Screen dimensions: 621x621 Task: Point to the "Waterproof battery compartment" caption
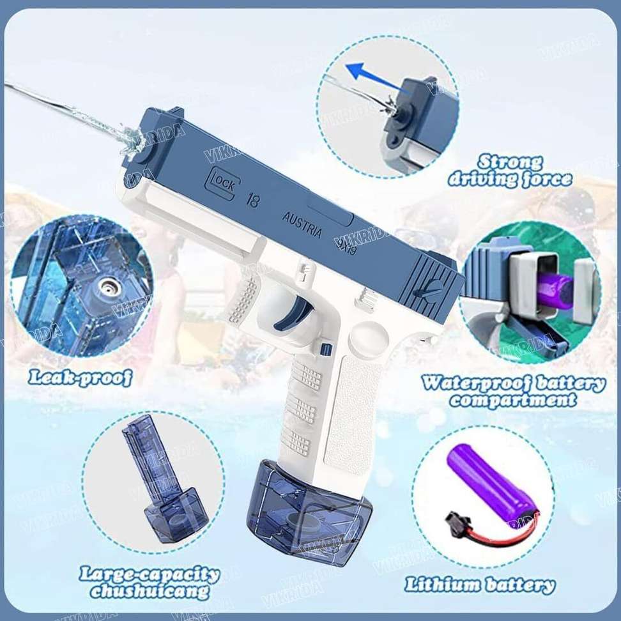click(513, 391)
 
